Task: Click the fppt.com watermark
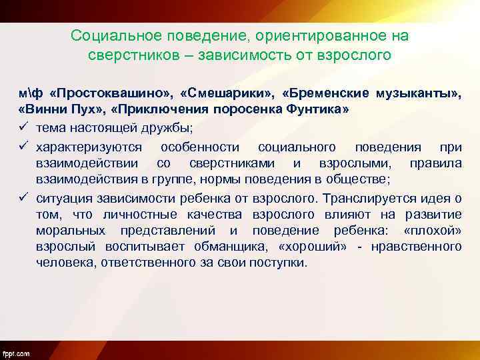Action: pos(16,352)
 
